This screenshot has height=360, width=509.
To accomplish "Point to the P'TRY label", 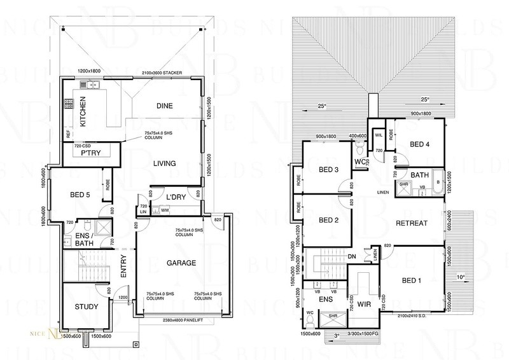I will pyautogui.click(x=90, y=152).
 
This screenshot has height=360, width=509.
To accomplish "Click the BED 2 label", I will pyautogui.click(x=329, y=220).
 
